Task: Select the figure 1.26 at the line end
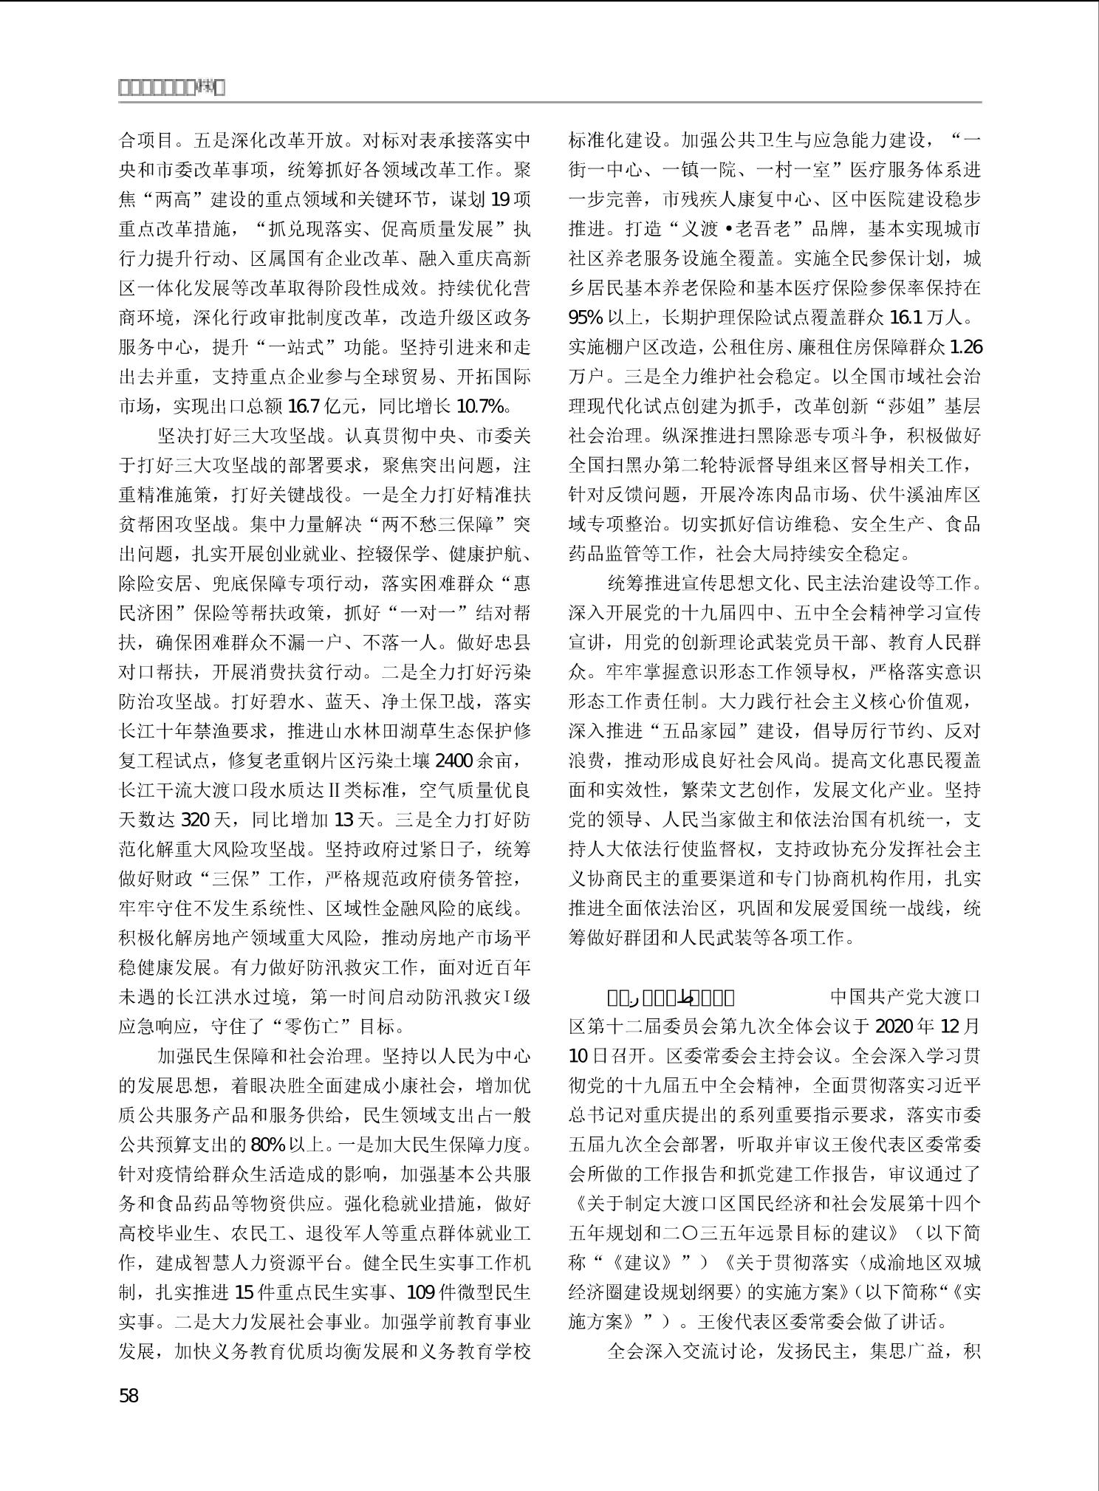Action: tap(965, 347)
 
